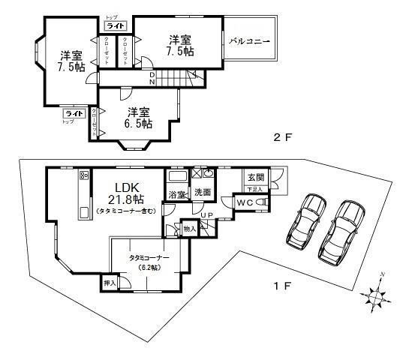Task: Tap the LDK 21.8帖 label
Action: (x=125, y=193)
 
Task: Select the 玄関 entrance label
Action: (x=254, y=178)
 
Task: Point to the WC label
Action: (x=246, y=202)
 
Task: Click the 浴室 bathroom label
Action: (x=177, y=194)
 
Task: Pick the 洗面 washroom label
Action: (x=201, y=194)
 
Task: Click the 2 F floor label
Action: (x=281, y=138)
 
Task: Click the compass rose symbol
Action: (x=377, y=295)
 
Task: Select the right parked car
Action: (x=342, y=228)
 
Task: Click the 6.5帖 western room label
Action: (x=139, y=118)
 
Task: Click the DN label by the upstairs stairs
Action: (x=152, y=77)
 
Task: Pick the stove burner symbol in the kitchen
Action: (x=84, y=175)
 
